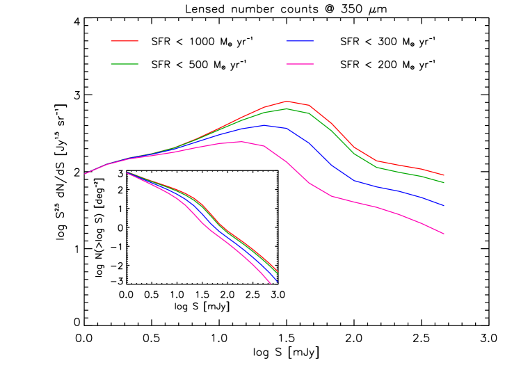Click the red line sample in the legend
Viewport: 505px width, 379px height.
125,41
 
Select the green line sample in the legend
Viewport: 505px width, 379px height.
125,64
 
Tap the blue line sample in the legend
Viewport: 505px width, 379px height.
300,41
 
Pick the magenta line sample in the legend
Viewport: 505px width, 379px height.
300,64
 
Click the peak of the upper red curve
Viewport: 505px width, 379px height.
287,101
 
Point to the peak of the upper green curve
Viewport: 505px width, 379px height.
287,108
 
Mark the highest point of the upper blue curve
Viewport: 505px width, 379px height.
264,125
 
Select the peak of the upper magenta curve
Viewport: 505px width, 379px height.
242,142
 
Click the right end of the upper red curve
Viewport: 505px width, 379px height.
444,175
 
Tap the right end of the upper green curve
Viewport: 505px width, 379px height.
444,182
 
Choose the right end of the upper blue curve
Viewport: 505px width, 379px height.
444,206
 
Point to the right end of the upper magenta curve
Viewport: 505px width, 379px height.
444,234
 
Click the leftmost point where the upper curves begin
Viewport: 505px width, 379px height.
85,174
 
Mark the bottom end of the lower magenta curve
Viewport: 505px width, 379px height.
270,283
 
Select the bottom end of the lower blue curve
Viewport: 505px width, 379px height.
277,281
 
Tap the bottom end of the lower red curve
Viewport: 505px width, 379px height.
278,271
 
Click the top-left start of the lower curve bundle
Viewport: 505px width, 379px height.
127,172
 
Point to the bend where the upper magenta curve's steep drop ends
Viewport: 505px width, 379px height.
332,196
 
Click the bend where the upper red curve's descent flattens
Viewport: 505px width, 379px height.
377,161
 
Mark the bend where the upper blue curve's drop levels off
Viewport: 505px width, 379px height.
354,181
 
